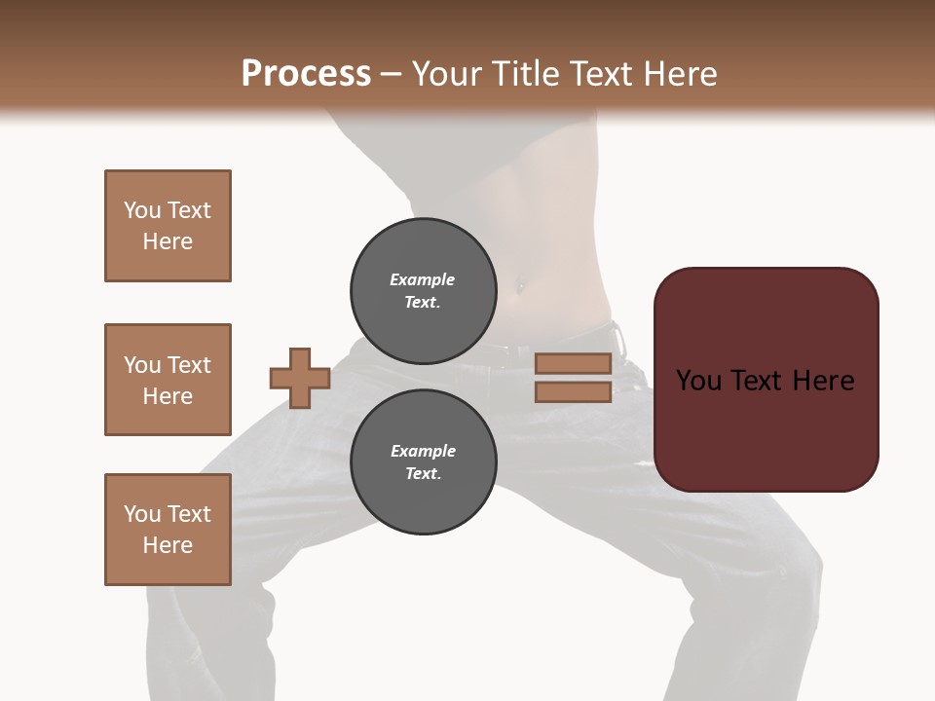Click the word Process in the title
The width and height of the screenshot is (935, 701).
pos(306,74)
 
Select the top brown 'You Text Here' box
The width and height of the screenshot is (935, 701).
pos(168,226)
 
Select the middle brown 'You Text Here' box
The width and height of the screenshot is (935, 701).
pos(168,380)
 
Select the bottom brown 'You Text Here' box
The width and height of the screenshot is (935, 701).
pos(168,530)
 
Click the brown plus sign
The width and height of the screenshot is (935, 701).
pos(300,378)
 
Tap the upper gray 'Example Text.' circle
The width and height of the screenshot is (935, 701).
pos(423,290)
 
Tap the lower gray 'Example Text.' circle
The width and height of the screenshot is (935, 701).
pos(423,461)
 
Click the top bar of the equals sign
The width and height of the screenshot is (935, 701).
pos(573,363)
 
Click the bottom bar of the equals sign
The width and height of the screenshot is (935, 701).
pos(573,392)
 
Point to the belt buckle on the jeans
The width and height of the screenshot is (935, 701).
pos(617,338)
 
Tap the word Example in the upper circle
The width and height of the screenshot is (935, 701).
pos(423,279)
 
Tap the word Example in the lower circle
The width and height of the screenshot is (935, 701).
pos(423,451)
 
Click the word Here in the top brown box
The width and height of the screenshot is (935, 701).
pos(168,241)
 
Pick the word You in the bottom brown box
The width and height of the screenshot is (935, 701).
pos(142,514)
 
